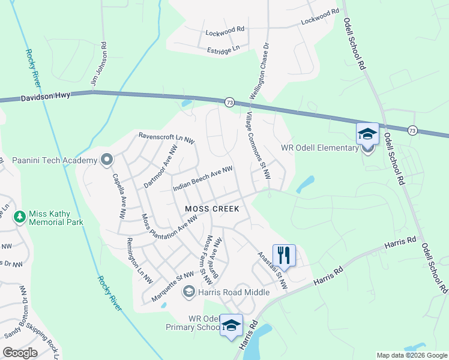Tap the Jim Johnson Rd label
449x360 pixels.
(99, 62)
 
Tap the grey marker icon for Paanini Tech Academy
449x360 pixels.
(107, 160)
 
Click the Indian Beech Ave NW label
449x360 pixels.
(202, 179)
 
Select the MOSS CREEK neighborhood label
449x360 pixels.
(212, 209)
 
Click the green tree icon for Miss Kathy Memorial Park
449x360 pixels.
(20, 216)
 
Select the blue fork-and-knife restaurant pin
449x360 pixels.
(284, 255)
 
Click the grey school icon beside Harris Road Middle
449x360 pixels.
(189, 292)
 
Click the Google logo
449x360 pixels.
(20, 353)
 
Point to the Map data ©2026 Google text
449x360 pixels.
(412, 355)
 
